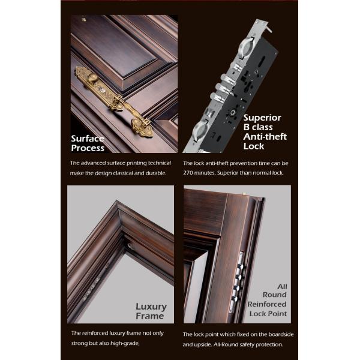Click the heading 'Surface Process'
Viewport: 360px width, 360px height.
pyautogui.click(x=88, y=143)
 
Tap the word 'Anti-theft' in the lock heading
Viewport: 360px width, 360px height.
pyautogui.click(x=265, y=136)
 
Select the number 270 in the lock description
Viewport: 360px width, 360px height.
pyautogui.click(x=191, y=173)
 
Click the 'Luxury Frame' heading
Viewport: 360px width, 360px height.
pyautogui.click(x=149, y=311)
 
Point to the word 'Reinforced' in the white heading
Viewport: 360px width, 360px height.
pyautogui.click(x=267, y=304)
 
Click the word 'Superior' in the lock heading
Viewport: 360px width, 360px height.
pyautogui.click(x=262, y=118)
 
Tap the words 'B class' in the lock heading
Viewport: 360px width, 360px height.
pyautogui.click(x=259, y=127)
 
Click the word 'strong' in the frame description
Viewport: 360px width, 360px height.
pyautogui.click(x=80, y=343)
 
